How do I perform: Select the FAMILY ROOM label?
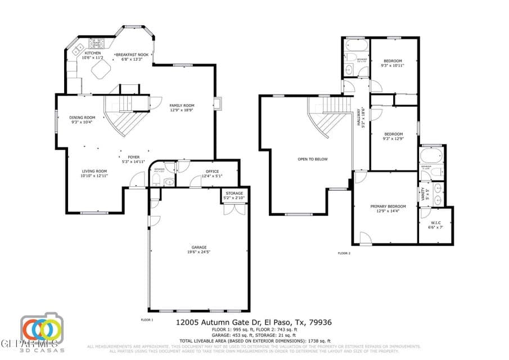[182, 106]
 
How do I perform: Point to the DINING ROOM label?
[82, 118]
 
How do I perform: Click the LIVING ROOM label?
[94, 171]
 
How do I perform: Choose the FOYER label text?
[133, 157]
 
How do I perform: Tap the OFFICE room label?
[212, 171]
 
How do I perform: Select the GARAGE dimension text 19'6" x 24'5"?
[199, 251]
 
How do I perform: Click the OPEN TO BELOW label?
[313, 159]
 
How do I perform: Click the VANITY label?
[422, 194]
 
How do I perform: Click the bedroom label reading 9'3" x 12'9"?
[393, 138]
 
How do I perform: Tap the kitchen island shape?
[102, 70]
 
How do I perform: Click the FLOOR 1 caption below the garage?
[146, 319]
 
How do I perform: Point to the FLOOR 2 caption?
[344, 254]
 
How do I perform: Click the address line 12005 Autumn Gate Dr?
[254, 323]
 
